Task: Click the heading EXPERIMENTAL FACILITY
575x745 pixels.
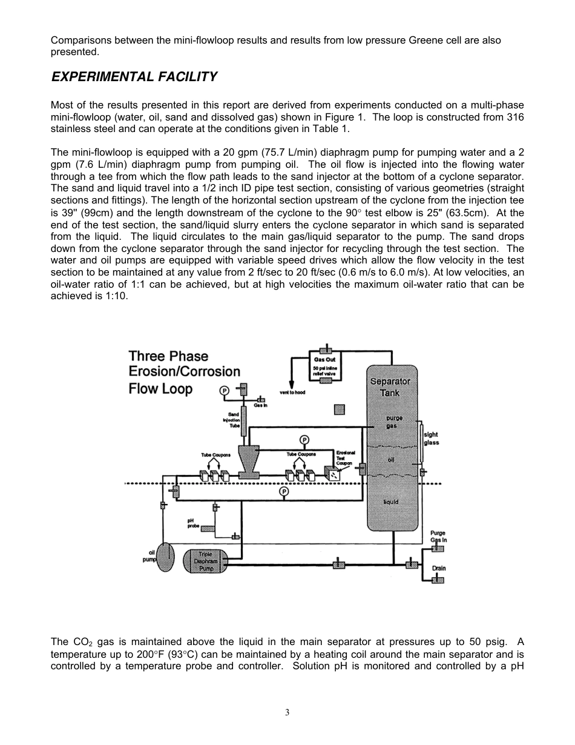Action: pyautogui.click(x=134, y=77)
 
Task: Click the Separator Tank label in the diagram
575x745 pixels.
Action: pyautogui.click(x=390, y=387)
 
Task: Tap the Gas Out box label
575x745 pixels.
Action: pyautogui.click(x=325, y=360)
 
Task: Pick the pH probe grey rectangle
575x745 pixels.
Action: pyautogui.click(x=208, y=528)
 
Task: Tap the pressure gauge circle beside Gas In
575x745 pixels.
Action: pyautogui.click(x=224, y=391)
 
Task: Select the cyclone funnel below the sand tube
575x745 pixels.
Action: pyautogui.click(x=248, y=461)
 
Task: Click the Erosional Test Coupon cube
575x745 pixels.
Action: pyautogui.click(x=332, y=474)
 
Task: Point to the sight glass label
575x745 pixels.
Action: pyautogui.click(x=431, y=439)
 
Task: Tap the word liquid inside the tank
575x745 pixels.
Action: pyautogui.click(x=391, y=502)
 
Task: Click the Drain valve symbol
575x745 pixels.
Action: pyautogui.click(x=438, y=580)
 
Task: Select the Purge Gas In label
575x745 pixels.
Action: pyautogui.click(x=439, y=537)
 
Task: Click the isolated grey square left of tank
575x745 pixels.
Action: pyautogui.click(x=340, y=410)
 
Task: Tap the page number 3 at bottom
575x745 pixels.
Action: pyautogui.click(x=287, y=712)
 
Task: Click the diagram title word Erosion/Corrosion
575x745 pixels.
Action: pyautogui.click(x=184, y=372)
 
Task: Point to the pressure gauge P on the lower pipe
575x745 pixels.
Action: pyautogui.click(x=284, y=491)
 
